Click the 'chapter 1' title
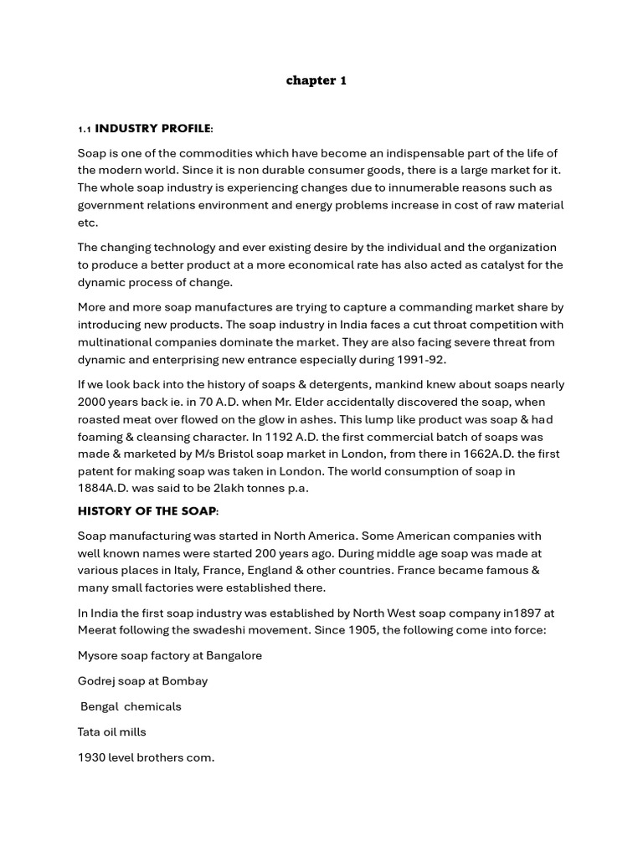[316, 80]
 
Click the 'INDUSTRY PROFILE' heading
[153, 129]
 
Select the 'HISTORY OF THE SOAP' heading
[147, 511]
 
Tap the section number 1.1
[84, 130]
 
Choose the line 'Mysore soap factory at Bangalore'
[170, 655]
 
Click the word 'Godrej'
[97, 680]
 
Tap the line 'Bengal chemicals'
[131, 706]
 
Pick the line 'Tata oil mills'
[112, 731]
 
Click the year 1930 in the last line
[91, 757]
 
